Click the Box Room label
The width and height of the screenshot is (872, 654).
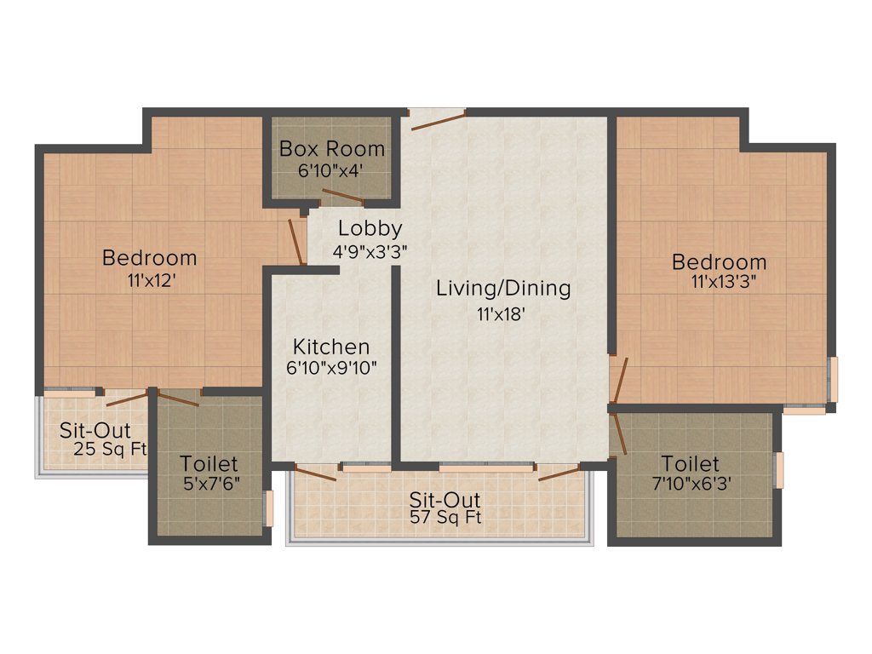pos(332,149)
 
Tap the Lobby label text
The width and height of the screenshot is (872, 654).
pos(370,228)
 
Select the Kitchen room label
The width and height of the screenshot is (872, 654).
pos(331,347)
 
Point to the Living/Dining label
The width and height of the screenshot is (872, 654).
pos(503,289)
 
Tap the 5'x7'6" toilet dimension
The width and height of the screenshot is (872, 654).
pos(209,485)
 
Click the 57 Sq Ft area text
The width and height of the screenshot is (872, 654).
pos(445,517)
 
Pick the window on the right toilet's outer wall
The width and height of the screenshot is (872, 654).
pos(777,471)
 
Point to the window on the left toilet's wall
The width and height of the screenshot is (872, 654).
pos(268,508)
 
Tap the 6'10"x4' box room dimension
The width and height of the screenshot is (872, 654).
pos(331,169)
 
